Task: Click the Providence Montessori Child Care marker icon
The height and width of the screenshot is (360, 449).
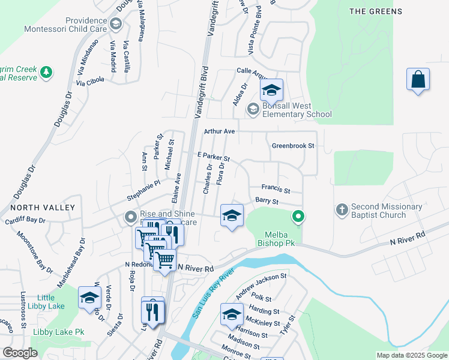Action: click(116, 24)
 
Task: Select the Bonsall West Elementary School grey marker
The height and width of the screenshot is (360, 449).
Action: click(253, 109)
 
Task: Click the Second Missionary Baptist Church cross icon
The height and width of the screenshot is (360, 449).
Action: click(342, 210)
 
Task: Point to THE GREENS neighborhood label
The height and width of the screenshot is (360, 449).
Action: click(375, 11)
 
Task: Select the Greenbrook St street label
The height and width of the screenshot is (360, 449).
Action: click(293, 145)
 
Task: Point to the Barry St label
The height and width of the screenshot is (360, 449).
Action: click(267, 202)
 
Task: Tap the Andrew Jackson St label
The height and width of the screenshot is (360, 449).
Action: click(261, 285)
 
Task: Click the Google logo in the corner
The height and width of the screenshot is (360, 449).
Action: click(20, 353)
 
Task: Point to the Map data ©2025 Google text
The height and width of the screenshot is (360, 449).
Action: click(411, 355)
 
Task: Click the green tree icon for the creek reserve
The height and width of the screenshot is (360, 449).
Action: click(46, 73)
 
